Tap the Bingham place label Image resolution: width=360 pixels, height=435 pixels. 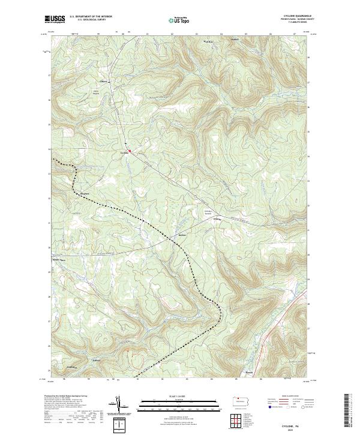tap(84, 193)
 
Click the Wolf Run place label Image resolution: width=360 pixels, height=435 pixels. tap(209, 41)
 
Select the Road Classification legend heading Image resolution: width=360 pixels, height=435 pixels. tap(287, 396)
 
